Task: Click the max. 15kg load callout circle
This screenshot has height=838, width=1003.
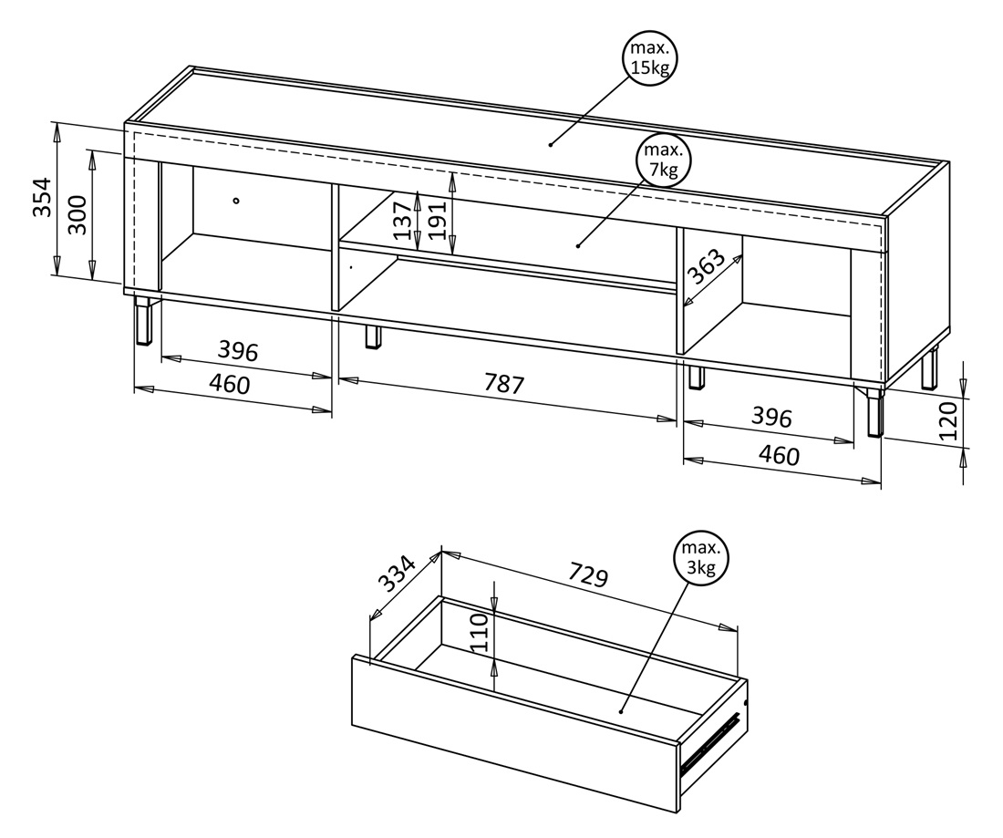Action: pos(650,59)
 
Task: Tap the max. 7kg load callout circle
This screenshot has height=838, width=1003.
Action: pos(664,160)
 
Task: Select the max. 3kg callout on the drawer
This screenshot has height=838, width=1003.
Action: pos(701,558)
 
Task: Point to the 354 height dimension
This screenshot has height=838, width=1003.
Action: pos(42,197)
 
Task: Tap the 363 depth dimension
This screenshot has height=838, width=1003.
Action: pos(706,267)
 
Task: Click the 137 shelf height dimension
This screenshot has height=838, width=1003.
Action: pos(402,220)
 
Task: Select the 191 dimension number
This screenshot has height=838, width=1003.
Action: pos(437,220)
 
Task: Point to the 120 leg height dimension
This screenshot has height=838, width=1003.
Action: pos(949,421)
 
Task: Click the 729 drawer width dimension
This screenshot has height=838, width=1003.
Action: pos(587,574)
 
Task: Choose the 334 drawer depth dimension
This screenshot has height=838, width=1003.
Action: pos(398,573)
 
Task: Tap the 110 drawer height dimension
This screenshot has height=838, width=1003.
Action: pos(480,632)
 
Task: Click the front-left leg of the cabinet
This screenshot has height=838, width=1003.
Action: pos(145,320)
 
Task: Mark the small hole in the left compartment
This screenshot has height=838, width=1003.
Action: pos(236,201)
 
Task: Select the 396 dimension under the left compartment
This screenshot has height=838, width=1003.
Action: pos(238,350)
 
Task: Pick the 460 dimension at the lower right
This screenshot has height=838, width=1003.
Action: pos(779,455)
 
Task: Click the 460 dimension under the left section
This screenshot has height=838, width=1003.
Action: pos(230,384)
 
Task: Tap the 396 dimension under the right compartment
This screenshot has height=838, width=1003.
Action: pos(771,417)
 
